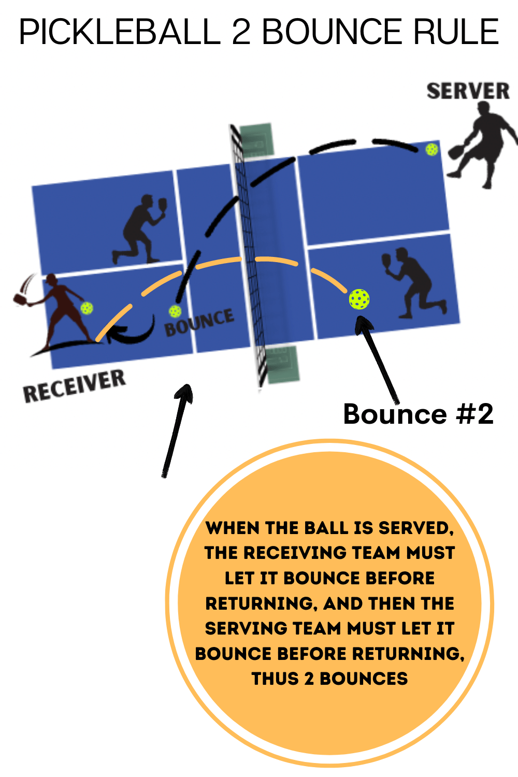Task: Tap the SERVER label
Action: (468, 91)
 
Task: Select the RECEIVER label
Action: (74, 386)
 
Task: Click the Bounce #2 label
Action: (418, 414)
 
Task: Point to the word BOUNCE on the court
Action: (199, 322)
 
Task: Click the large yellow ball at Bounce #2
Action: (359, 299)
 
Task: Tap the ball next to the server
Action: (431, 150)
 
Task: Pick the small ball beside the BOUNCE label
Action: (175, 311)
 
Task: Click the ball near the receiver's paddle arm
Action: (87, 308)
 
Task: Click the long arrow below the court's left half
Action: (176, 430)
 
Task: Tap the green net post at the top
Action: (258, 139)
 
